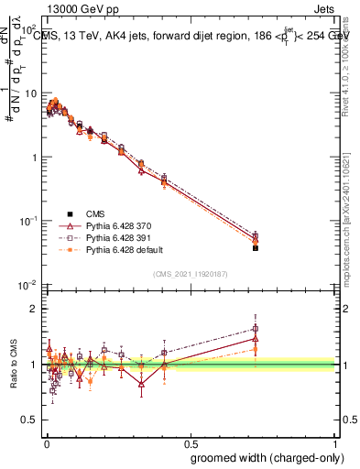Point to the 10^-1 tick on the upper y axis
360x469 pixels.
point(31,221)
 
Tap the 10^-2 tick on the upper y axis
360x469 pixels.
point(31,285)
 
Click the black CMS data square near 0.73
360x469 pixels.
point(256,247)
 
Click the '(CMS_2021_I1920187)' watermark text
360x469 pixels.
point(190,273)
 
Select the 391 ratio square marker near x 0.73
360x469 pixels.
point(256,328)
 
